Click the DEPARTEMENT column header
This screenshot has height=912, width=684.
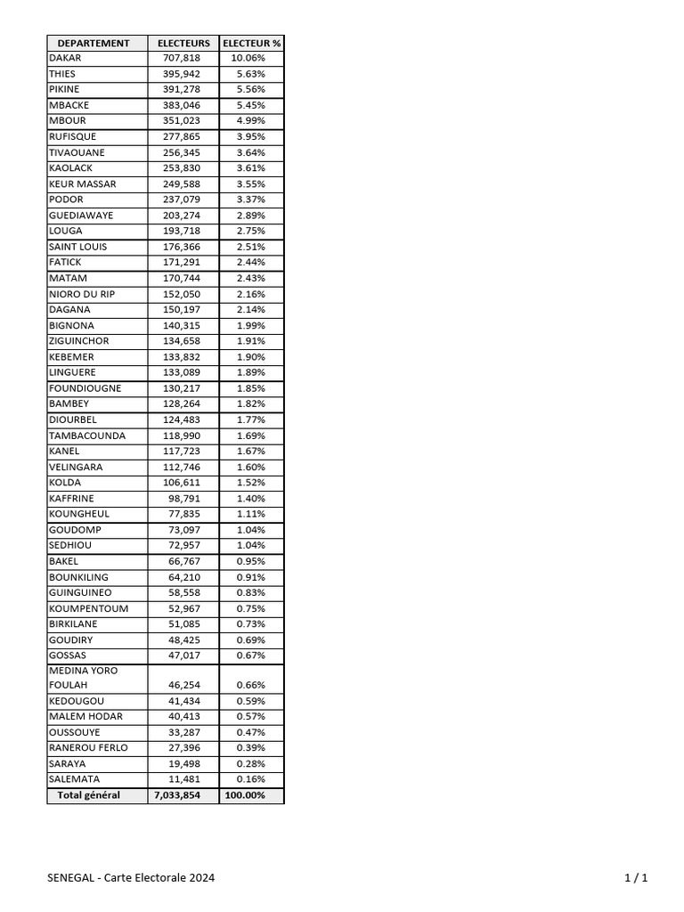tap(94, 43)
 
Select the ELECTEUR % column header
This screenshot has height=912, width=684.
tap(251, 43)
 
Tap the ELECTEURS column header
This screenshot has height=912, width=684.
tap(183, 43)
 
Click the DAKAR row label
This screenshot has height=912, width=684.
tap(65, 59)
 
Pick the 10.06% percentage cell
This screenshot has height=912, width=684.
tap(248, 59)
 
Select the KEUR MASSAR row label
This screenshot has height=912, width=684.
tap(83, 184)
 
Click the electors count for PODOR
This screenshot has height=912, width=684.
tap(183, 199)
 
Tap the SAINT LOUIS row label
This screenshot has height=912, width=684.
tap(77, 247)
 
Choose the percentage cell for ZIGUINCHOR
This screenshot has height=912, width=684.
tap(250, 341)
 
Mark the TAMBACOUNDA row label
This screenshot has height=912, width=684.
tap(87, 436)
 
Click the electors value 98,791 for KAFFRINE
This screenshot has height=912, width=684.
tap(187, 499)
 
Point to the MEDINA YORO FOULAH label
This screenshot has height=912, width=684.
tap(84, 678)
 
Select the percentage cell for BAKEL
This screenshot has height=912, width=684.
tap(250, 562)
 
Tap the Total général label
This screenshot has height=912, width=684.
tap(89, 795)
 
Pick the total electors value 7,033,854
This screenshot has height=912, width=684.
tap(183, 795)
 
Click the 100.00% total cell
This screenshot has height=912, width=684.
tap(247, 795)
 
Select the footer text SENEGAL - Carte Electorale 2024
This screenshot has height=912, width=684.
tap(131, 878)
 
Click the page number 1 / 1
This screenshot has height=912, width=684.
tap(636, 878)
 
